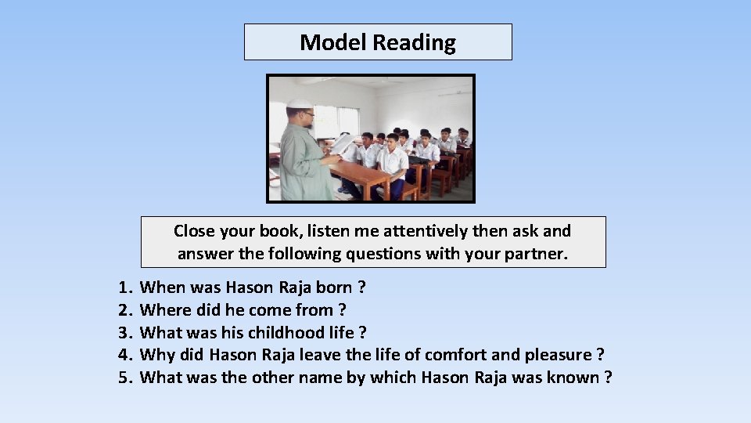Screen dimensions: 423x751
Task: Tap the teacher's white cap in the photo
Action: pos(299,104)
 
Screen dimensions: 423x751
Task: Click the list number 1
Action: pos(124,287)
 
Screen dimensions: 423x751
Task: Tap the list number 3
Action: pos(124,333)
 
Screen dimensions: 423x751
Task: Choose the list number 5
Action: pos(124,378)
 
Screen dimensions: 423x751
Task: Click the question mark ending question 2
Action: pos(343,310)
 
